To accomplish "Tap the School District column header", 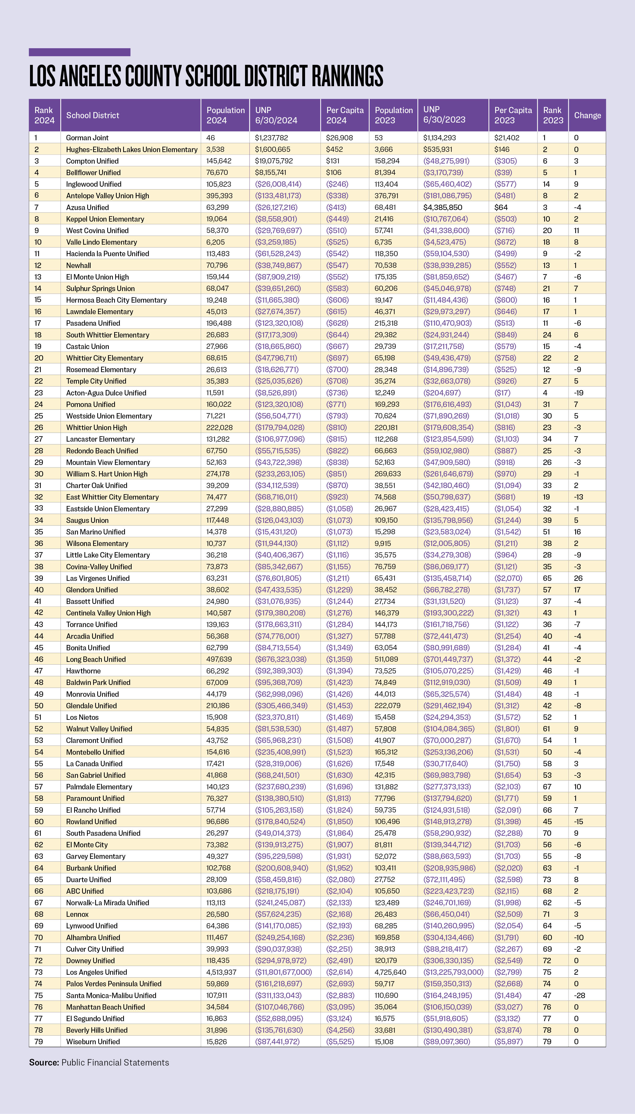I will (x=92, y=115).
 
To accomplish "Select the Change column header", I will (x=587, y=115).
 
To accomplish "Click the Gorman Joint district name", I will (x=87, y=138).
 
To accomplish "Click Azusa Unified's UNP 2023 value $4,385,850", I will (x=443, y=207).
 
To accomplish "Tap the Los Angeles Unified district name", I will (x=96, y=972).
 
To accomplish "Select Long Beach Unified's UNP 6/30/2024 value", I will (x=280, y=659).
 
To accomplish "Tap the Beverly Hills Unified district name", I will (x=97, y=1030).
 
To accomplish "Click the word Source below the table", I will (x=44, y=1062).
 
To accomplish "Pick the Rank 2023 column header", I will (x=553, y=115).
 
